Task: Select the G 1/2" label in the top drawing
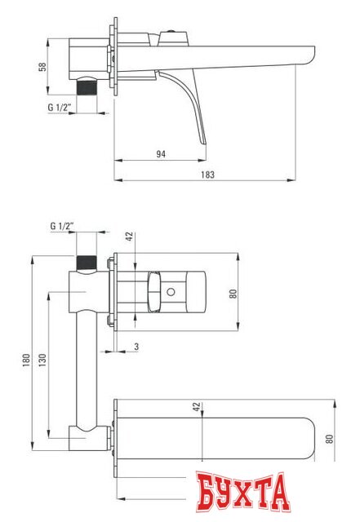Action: (61, 107)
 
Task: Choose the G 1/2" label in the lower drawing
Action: (62, 225)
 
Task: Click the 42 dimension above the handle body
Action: (128, 237)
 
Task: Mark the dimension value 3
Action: (136, 347)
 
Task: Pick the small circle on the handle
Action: (173, 292)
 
